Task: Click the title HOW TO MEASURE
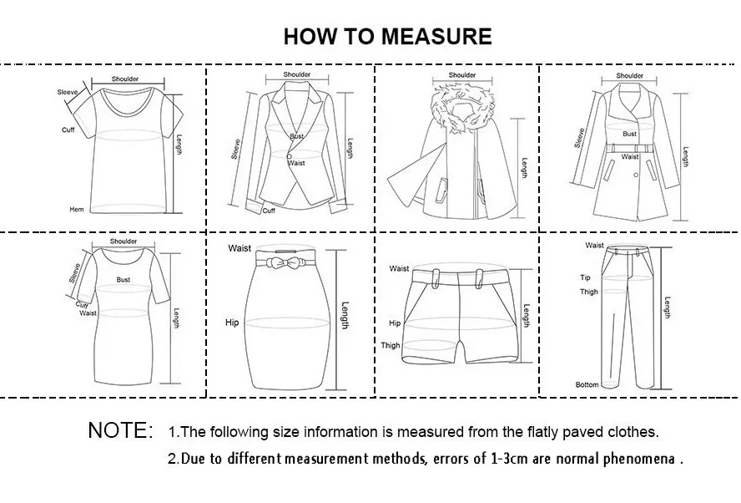pos(387,36)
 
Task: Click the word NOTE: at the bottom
pos(120,431)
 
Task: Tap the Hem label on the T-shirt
pos(76,209)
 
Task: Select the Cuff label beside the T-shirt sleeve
pos(68,130)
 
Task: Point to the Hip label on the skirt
pos(232,322)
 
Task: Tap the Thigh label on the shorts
pos(391,345)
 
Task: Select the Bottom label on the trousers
pos(587,384)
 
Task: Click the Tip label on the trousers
pos(585,277)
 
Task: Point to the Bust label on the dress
pos(123,280)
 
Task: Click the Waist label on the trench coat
pos(630,156)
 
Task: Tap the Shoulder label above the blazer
pos(297,75)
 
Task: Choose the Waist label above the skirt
pos(239,248)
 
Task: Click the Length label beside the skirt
pos(345,315)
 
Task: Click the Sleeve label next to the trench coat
pos(580,138)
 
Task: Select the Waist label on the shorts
pos(399,268)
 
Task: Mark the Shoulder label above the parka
pos(462,75)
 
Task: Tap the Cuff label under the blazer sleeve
pos(269,211)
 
